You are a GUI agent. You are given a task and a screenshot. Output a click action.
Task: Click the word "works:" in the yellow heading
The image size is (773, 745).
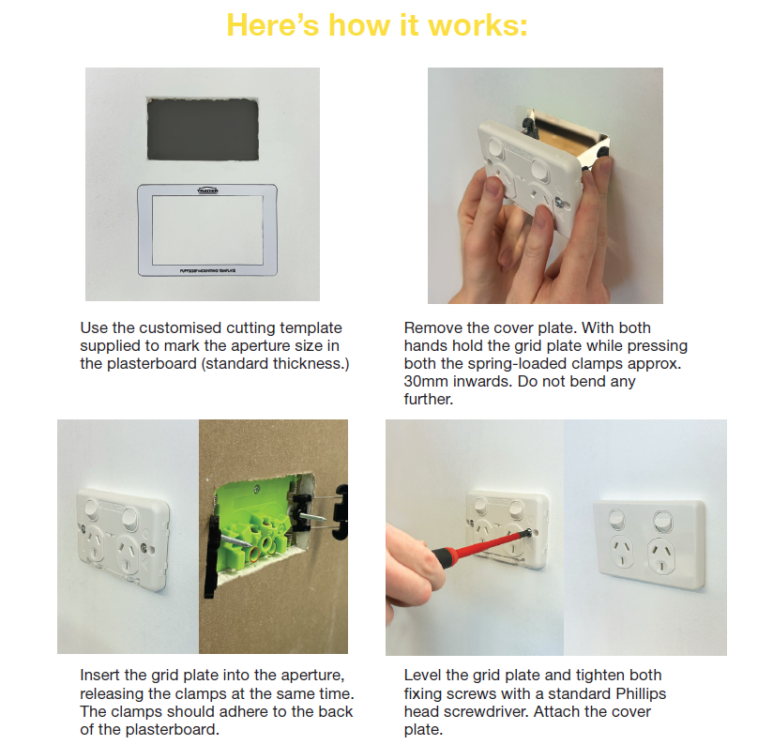click(477, 25)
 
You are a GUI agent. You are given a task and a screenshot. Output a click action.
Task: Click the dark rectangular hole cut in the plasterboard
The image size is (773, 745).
click(203, 129)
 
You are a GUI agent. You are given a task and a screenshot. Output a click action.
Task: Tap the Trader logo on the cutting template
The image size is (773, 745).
click(207, 190)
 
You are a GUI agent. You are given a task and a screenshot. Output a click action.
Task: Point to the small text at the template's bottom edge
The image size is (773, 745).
click(207, 270)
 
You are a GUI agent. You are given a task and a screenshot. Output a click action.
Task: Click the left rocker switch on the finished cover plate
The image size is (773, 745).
click(617, 519)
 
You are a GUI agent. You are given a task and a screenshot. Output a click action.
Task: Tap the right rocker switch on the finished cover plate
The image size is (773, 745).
click(662, 520)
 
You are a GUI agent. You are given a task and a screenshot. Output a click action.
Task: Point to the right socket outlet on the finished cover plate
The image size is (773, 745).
click(661, 555)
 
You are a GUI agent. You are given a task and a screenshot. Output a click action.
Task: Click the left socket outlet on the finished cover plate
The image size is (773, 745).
click(621, 550)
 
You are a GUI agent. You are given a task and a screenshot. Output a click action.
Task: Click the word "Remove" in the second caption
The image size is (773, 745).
click(432, 327)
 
